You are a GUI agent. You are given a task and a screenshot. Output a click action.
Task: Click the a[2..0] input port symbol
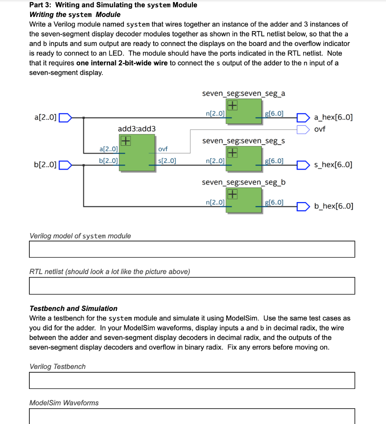66,118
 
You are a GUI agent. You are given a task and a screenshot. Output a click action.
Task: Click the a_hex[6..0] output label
333,118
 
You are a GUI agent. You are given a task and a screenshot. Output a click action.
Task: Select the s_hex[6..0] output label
333,165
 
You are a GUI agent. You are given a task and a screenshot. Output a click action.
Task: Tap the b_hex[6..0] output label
333,206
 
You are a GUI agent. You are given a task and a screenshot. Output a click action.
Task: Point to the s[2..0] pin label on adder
167,161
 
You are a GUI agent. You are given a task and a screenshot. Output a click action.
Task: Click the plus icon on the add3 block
125,141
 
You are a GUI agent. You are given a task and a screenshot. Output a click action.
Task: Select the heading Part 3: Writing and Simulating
113,5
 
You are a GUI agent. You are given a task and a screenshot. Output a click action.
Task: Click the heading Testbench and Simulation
73,308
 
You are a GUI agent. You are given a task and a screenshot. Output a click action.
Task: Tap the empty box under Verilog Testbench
192,381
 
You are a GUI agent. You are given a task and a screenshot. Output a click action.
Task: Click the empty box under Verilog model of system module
192,249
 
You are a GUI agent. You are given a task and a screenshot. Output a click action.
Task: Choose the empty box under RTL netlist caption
192,286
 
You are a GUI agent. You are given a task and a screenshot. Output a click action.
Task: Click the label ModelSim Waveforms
64,403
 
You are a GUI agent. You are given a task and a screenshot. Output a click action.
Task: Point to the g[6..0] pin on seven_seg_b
274,202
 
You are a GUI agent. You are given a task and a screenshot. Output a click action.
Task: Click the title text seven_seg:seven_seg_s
243,141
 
